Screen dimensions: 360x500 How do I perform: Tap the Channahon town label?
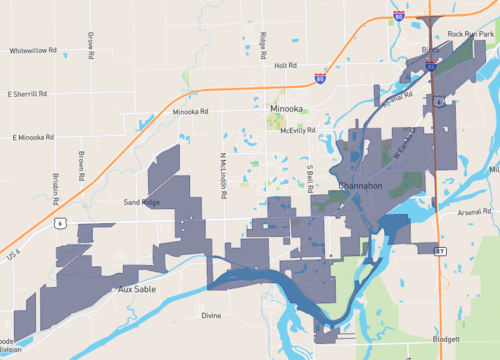(x=360, y=186)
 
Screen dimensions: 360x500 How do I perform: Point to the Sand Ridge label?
(x=141, y=202)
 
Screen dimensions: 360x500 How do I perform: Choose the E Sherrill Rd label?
(x=26, y=94)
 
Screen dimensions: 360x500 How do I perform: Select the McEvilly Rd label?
(x=298, y=130)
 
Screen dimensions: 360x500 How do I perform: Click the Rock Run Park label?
(x=470, y=35)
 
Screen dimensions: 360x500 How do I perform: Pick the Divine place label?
(x=210, y=315)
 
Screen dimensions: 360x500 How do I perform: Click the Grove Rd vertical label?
(x=90, y=45)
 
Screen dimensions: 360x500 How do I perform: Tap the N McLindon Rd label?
(x=222, y=172)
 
